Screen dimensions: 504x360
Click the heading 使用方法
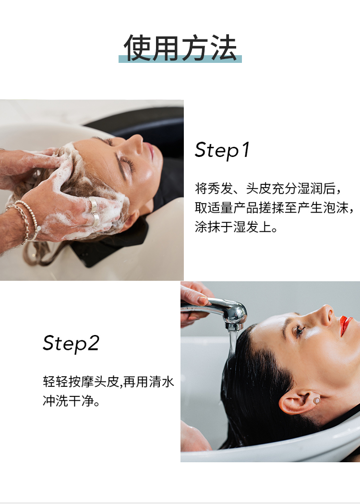[180, 48]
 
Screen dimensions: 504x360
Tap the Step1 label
[222, 150]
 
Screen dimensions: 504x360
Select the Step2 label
[71, 343]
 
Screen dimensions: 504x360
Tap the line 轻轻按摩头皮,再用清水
[108, 382]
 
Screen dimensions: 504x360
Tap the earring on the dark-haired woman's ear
[316, 400]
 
